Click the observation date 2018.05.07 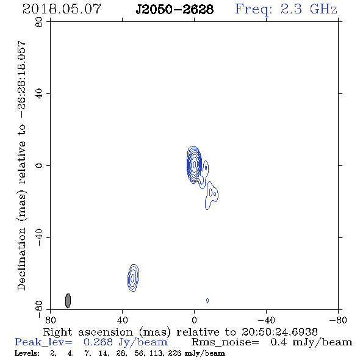[x=62, y=9]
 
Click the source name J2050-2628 [x=175, y=9]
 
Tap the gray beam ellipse [x=68, y=301]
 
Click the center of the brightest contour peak [x=195, y=165]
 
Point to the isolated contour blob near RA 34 [x=133, y=278]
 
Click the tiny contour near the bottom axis [x=207, y=300]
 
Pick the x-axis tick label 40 [x=122, y=320]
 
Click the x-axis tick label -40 [x=266, y=320]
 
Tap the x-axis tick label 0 [x=194, y=320]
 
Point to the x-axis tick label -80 [x=338, y=320]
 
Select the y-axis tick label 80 [x=39, y=22]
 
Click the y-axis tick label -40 [x=39, y=237]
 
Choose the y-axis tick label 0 [x=39, y=165]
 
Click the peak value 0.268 [x=98, y=342]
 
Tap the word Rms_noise [x=225, y=342]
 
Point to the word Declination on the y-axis [x=21, y=259]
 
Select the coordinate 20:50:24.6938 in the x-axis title [x=279, y=332]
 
